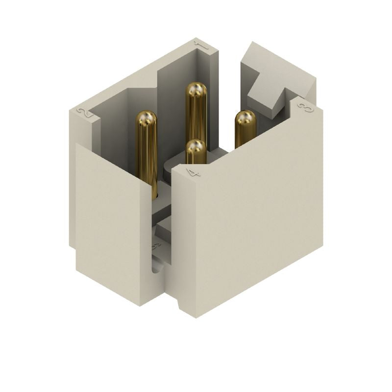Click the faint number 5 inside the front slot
coord(156,246)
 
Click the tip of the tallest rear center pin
coord(196,90)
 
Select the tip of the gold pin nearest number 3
coord(245,119)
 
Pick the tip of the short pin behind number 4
coord(196,147)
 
